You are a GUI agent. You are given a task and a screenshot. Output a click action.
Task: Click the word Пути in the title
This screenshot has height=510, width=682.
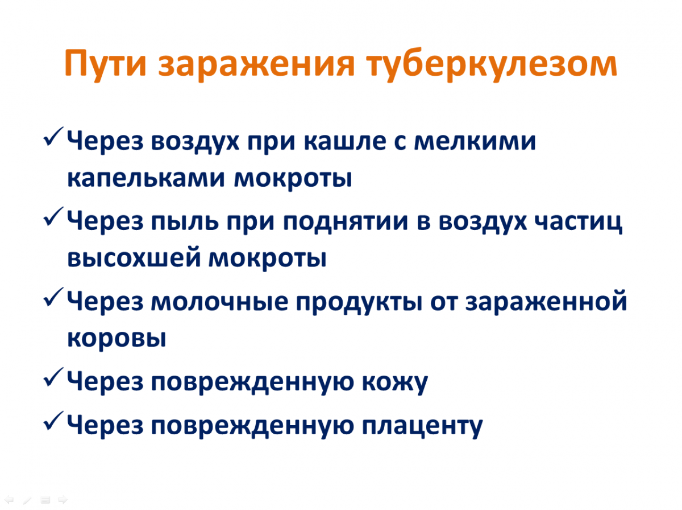click(105, 64)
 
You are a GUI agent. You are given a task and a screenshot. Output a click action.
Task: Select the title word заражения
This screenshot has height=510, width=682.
click(256, 65)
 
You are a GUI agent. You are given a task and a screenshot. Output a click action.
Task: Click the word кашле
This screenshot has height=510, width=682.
click(345, 142)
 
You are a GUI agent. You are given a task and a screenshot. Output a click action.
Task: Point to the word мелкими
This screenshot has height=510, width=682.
click(475, 142)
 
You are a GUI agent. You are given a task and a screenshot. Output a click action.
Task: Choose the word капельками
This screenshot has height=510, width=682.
click(145, 179)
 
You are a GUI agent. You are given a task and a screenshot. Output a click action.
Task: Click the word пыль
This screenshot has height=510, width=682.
click(185, 222)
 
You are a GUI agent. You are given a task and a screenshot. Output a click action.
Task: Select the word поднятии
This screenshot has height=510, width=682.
click(346, 223)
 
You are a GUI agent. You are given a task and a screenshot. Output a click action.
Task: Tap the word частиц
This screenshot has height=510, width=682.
click(578, 223)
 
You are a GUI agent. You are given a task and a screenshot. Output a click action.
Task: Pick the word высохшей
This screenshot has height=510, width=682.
click(134, 258)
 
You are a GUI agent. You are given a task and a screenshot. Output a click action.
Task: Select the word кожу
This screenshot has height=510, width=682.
click(395, 382)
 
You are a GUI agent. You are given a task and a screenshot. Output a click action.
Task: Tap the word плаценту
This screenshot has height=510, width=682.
click(422, 427)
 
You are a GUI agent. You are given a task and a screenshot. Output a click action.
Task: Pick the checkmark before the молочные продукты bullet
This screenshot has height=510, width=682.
click(53, 297)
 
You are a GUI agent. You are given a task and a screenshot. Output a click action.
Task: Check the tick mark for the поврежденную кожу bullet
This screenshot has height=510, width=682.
click(53, 377)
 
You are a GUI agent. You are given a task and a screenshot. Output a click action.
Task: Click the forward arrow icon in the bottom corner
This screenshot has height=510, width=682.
click(63, 500)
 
